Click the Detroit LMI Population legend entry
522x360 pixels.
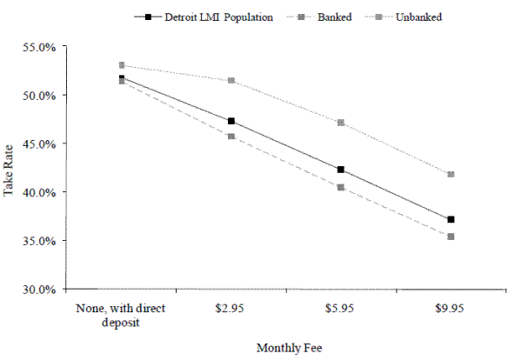click(x=206, y=16)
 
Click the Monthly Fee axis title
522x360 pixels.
click(x=289, y=348)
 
